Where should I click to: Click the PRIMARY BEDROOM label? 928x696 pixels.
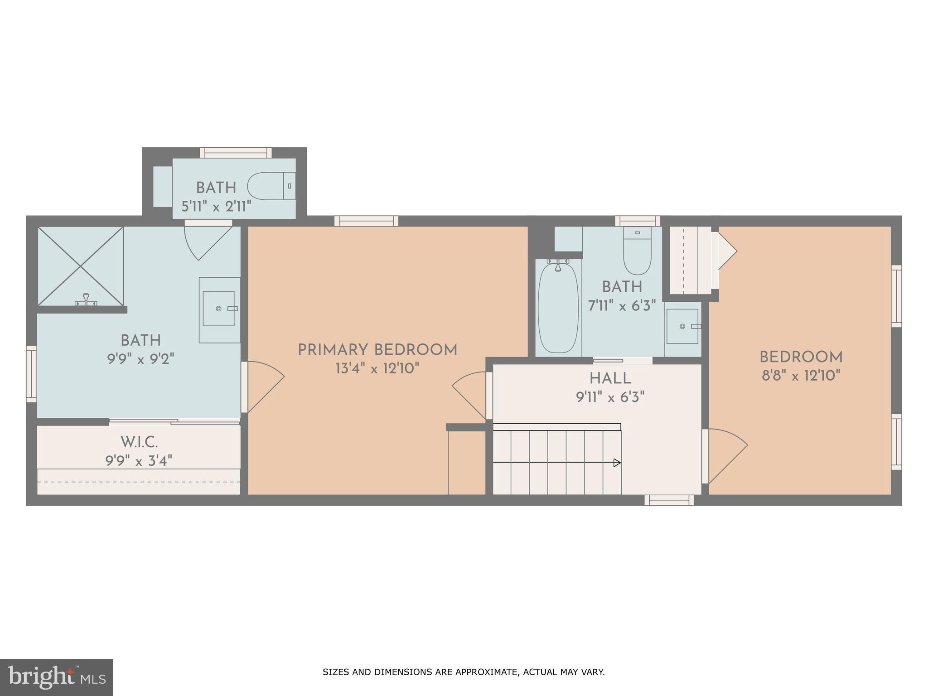coord(377,350)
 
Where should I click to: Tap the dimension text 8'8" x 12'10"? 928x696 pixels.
coord(801,376)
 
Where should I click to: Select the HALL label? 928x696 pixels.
coord(610,379)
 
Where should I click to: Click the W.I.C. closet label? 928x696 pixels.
coord(139,442)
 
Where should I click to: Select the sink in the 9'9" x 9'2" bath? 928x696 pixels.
coord(219,309)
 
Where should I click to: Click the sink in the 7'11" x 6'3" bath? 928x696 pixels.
coord(682,326)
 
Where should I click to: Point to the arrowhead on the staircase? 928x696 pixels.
coord(617,463)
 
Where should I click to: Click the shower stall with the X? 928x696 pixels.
coord(81,266)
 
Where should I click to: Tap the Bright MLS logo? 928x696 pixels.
coord(56,677)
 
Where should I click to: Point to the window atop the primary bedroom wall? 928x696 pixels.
coord(366,221)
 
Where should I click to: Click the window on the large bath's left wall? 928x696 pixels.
coord(31,374)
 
